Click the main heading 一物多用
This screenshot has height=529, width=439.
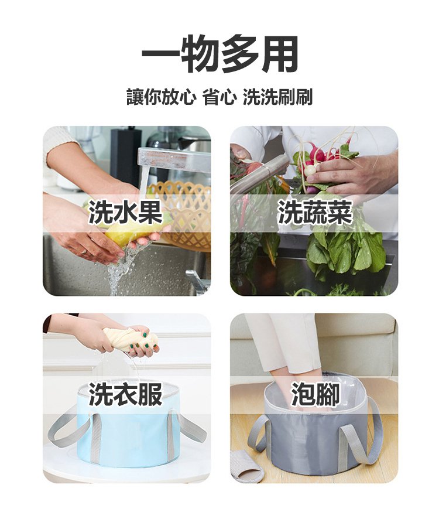point(220,54)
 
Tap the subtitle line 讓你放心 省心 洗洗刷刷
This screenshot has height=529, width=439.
point(220,97)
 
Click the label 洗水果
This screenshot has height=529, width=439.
point(126,213)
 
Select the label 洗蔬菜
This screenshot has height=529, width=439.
point(315,213)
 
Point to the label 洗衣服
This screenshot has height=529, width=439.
point(126,394)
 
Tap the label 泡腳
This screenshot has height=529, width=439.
point(315,394)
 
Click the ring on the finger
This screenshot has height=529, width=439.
point(84,251)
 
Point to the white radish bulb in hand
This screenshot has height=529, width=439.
point(310,169)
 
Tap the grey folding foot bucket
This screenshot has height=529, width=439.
point(315,426)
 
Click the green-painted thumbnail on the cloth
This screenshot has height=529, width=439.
point(145,335)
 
